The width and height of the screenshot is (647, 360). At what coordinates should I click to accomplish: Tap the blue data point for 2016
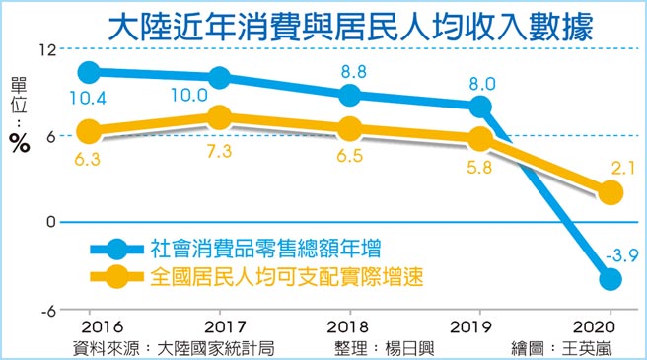(x=89, y=72)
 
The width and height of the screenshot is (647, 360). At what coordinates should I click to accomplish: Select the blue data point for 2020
(x=611, y=279)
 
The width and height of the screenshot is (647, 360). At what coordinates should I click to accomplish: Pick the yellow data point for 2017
(x=220, y=118)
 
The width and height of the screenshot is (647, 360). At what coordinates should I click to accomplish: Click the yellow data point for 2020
(x=611, y=192)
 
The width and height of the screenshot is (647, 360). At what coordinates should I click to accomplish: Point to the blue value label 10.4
(x=89, y=97)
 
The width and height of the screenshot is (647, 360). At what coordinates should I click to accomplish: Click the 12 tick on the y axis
(x=44, y=49)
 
